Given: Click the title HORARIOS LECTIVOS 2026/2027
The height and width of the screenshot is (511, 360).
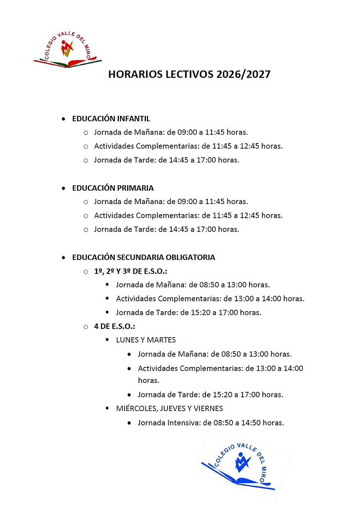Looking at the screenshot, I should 189,74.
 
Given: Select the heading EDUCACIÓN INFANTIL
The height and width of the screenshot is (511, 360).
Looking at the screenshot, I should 111,119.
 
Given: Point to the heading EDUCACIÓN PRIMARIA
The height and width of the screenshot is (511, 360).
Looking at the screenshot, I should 113,188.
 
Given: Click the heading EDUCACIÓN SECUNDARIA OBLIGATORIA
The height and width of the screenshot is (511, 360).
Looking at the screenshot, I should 143,257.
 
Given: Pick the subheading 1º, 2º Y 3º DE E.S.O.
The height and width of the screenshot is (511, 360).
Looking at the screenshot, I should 130,271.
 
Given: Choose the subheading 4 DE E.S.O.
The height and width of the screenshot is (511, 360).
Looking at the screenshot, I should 114,326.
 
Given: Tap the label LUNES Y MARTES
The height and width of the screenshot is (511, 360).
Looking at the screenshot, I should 146,340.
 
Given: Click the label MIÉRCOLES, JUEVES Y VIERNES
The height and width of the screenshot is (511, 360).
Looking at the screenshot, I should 169,408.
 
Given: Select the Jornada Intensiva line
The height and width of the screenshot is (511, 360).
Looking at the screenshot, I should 211,423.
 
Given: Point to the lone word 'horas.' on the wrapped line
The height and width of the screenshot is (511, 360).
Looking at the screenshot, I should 148,380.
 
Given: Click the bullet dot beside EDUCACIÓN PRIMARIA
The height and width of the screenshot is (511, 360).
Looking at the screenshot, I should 64,188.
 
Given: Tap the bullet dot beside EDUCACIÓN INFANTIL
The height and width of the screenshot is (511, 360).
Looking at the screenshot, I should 64,119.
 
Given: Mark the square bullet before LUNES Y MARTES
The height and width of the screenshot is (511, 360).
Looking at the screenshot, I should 107,340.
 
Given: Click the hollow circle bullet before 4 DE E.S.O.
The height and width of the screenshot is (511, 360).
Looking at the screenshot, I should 86,327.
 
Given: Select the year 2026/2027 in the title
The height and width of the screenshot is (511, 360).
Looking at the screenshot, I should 243,74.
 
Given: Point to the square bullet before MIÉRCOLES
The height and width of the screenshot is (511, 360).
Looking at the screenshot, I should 107,408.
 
